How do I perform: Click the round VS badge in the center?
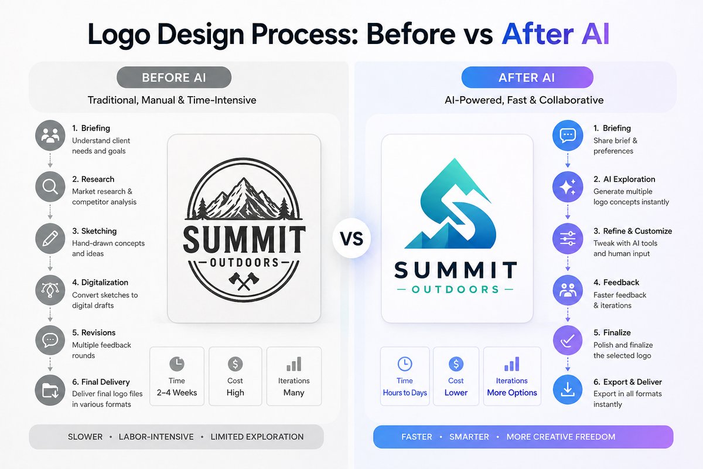351,239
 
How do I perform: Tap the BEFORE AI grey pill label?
174,77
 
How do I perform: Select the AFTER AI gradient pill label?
527,77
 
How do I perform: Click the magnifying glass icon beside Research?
50,187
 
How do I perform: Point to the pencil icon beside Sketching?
50,238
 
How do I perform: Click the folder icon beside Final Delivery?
50,390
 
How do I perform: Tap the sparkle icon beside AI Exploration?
568,187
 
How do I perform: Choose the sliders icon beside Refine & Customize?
568,239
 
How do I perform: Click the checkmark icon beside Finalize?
568,339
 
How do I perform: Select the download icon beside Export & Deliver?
568,390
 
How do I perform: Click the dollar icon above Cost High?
235,364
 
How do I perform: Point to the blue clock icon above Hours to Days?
405,364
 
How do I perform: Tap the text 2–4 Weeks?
177,393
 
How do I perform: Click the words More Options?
512,393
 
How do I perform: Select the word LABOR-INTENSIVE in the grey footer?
156,437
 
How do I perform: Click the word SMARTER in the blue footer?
469,437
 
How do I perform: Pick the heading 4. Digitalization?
100,283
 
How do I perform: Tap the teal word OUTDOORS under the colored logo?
455,290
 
